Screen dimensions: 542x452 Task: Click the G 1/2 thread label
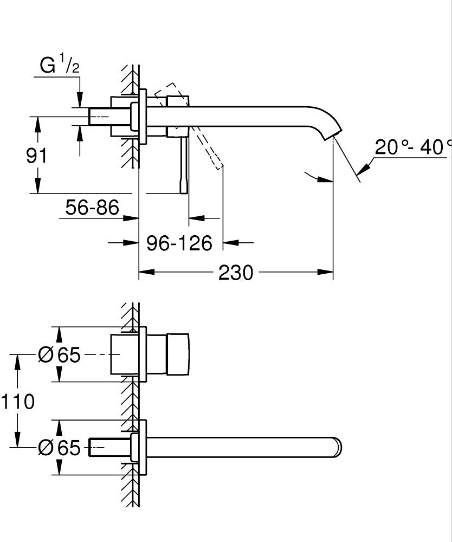click(x=60, y=66)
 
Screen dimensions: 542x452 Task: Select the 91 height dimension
click(x=37, y=156)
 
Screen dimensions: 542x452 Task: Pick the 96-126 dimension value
click(x=179, y=243)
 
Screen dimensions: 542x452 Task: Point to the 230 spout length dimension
click(x=236, y=273)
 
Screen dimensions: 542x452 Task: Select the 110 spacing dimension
click(x=17, y=402)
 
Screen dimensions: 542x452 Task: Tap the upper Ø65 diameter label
click(x=59, y=355)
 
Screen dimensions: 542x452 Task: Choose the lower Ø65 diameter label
click(x=59, y=448)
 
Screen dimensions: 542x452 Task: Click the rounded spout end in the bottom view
click(x=336, y=448)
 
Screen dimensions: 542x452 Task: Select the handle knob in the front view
click(x=178, y=354)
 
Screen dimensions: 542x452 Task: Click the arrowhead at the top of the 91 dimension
click(x=37, y=121)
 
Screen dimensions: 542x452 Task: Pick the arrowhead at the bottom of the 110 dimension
click(x=18, y=441)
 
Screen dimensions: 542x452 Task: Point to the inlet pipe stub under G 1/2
click(x=101, y=116)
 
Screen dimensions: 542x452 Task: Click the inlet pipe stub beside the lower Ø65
click(x=109, y=448)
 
